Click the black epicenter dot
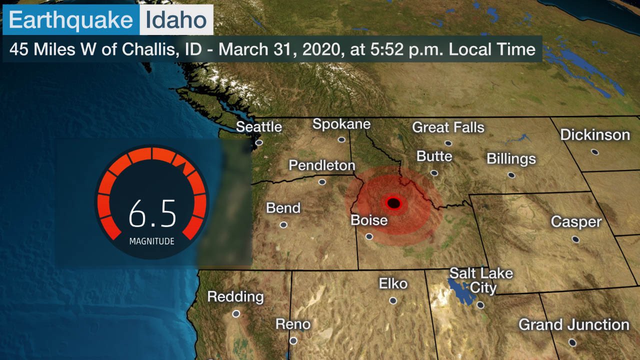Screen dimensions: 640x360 pos(393,202)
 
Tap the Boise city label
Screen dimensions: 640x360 pos(369,220)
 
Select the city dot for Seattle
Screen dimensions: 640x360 pos(259,142)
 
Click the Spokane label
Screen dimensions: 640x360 pos(341,124)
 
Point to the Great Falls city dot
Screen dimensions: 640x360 pos(448,143)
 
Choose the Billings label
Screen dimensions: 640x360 pos(511,159)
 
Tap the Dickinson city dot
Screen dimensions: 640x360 pos(594,151)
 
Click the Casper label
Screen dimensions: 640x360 pos(576,221)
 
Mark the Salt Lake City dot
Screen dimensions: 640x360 pos(480,304)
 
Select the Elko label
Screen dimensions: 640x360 pos(393,284)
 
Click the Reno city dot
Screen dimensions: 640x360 pos(293,340)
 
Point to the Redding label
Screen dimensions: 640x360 pos(235,296)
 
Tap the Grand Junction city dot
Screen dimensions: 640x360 pos(572,342)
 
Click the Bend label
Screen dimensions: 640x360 pos(283,208)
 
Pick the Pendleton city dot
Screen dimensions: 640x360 pos(322,181)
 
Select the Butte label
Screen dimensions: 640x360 pos(434,156)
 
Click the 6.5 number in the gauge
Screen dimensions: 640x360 pos(152,213)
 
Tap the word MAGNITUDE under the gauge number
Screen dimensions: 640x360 pos(151,241)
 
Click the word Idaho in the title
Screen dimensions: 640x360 pos(176,20)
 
